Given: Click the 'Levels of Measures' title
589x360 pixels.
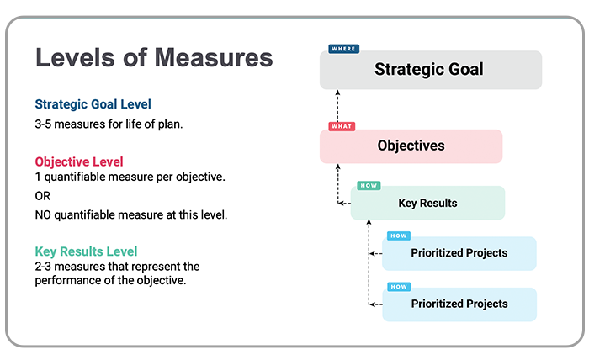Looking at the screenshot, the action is pyautogui.click(x=154, y=58).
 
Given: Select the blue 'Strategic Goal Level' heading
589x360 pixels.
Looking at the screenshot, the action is pyautogui.click(x=93, y=104).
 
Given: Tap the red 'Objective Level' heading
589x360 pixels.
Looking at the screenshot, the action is pyautogui.click(x=79, y=161).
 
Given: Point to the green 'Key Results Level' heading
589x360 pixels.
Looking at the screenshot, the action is pyautogui.click(x=86, y=251).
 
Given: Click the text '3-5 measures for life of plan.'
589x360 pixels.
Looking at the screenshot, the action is pyautogui.click(x=109, y=124).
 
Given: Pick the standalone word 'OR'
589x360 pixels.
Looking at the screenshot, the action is pyautogui.click(x=42, y=196).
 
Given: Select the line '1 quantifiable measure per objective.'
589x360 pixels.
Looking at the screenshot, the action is pyautogui.click(x=130, y=177).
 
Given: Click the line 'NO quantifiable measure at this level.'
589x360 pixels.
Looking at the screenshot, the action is pyautogui.click(x=131, y=214).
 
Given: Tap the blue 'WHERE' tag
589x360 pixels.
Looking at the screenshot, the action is pyautogui.click(x=343, y=49).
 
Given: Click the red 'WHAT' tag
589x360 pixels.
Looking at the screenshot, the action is pyautogui.click(x=342, y=126).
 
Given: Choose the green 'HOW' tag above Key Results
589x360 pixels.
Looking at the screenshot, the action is pyautogui.click(x=369, y=185).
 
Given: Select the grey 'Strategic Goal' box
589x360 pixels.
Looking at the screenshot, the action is pyautogui.click(x=431, y=70).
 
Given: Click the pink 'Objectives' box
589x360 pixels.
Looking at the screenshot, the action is pyautogui.click(x=411, y=146).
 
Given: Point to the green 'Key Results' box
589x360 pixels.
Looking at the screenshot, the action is pyautogui.click(x=427, y=203).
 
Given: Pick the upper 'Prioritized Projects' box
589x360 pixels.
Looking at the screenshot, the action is pyautogui.click(x=459, y=253).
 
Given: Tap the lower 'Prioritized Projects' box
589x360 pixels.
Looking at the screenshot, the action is pyautogui.click(x=459, y=304).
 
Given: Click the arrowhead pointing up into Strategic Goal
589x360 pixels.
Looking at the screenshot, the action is pyautogui.click(x=337, y=92).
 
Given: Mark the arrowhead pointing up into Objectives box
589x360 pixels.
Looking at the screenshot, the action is pyautogui.click(x=338, y=167).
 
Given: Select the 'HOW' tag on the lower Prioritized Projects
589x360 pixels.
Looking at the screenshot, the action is pyautogui.click(x=399, y=287).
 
